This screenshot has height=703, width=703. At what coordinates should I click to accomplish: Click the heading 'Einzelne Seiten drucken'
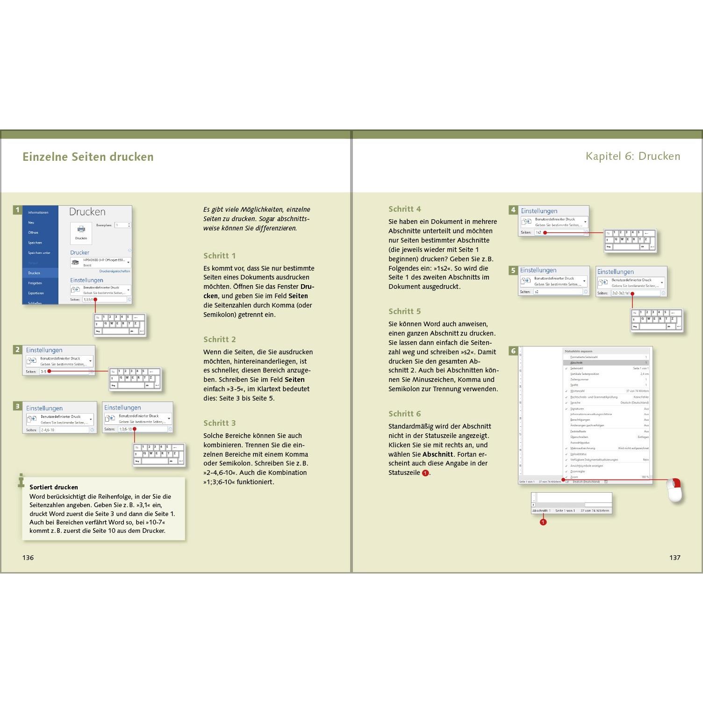[88, 157]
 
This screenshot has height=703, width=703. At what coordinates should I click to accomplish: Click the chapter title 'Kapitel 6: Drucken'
[633, 156]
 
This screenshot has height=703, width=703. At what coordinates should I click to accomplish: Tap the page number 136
[28, 558]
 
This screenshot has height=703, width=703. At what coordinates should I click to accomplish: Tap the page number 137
[674, 558]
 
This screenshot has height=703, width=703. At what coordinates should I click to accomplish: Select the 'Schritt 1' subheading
[220, 256]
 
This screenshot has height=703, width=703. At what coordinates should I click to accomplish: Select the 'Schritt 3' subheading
[220, 423]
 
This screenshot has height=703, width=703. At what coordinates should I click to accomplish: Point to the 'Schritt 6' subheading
[405, 414]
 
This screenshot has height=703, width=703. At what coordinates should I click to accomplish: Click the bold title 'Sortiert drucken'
[54, 487]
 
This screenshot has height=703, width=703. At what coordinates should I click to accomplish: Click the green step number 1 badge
[18, 210]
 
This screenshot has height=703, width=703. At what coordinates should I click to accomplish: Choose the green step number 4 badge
[513, 210]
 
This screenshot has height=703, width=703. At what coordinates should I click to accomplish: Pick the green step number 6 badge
[513, 351]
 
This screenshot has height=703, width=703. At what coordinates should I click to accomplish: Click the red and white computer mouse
[674, 490]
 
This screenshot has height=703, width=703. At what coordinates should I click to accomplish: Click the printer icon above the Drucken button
[81, 230]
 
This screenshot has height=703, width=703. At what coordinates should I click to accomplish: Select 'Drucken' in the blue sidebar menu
[34, 273]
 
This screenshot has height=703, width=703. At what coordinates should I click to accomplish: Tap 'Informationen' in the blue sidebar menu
[38, 213]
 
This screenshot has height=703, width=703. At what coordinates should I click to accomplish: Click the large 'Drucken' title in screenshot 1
[87, 212]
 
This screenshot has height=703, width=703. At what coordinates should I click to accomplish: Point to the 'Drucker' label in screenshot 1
[80, 252]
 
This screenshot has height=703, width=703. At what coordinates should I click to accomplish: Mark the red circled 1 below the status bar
[543, 522]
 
